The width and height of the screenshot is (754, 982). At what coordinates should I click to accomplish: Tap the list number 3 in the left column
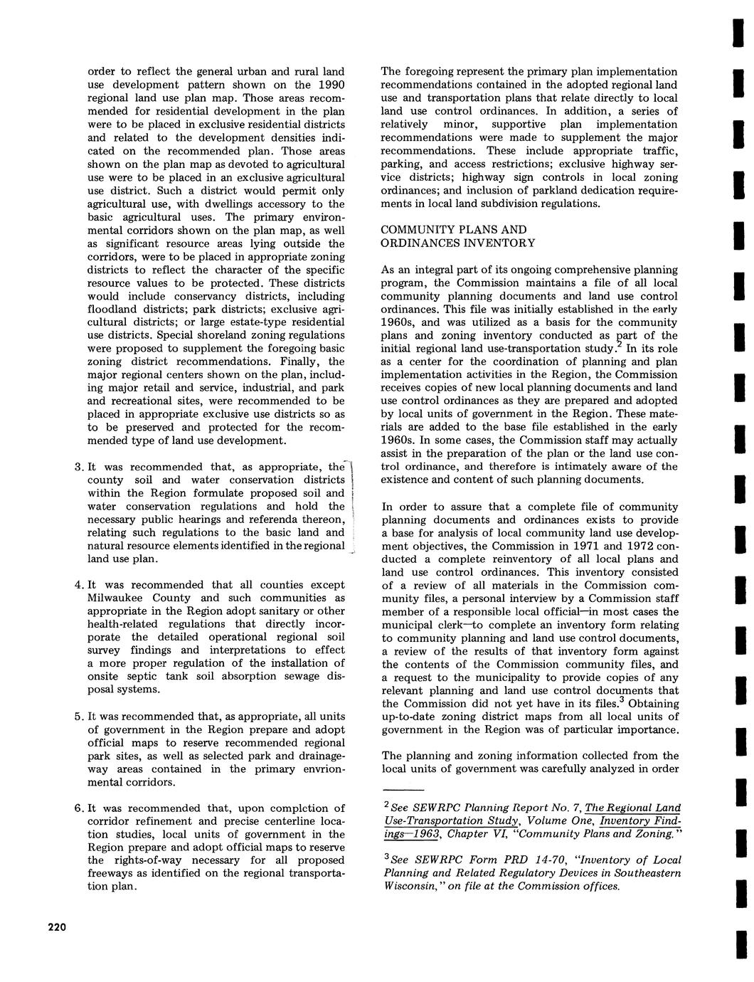click(78, 468)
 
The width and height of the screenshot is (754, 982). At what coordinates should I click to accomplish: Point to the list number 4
click(78, 585)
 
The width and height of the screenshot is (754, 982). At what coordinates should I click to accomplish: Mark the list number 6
click(78, 808)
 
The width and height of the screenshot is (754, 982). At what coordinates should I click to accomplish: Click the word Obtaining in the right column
click(652, 704)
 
